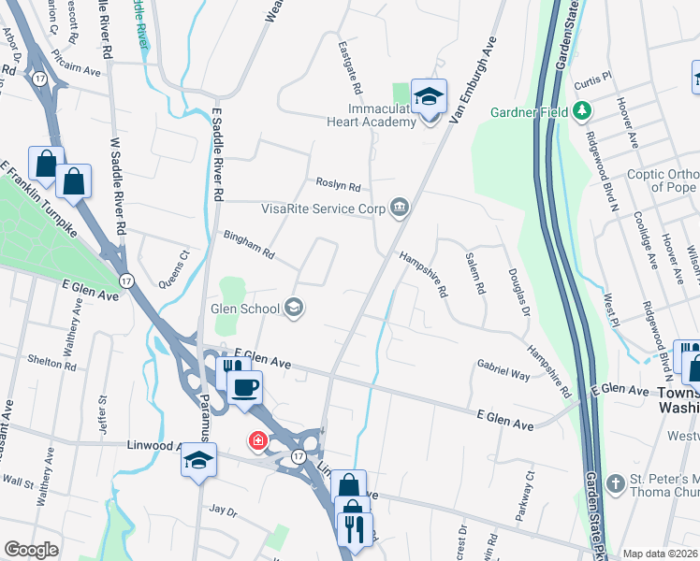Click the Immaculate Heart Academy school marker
(x=430, y=97)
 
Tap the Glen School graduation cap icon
(x=294, y=308)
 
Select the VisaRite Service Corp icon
(x=401, y=208)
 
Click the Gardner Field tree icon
(x=583, y=111)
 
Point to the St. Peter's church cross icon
(x=615, y=483)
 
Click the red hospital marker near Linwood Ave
(x=255, y=439)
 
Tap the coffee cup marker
(x=245, y=387)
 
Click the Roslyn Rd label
(x=338, y=186)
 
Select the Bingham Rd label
(x=248, y=246)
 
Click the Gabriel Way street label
(x=503, y=369)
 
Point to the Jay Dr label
(x=224, y=511)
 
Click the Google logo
(x=32, y=549)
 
